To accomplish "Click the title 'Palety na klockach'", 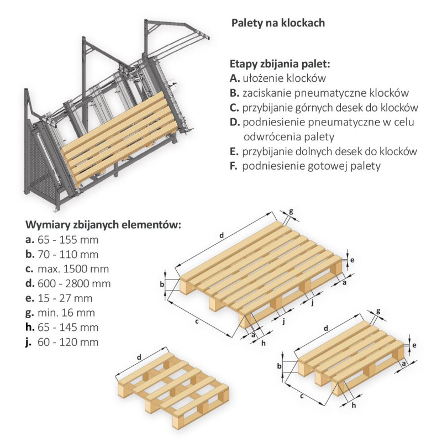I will [x=277, y=23].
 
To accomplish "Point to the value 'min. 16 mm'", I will [x=66, y=313].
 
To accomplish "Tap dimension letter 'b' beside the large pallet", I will [x=161, y=284].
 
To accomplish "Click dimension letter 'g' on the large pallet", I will [x=291, y=211].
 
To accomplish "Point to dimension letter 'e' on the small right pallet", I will [x=414, y=345].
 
